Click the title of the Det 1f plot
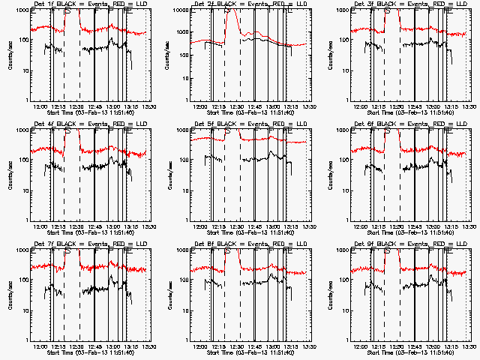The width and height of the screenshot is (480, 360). point(93,4)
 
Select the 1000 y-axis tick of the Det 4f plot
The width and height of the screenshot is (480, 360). point(23,130)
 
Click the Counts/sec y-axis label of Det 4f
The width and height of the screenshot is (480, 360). point(10,175)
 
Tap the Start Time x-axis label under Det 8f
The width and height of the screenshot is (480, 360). point(251,352)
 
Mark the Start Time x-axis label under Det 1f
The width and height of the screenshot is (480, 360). point(93,112)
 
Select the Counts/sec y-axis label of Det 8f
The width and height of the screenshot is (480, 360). point(169,295)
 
